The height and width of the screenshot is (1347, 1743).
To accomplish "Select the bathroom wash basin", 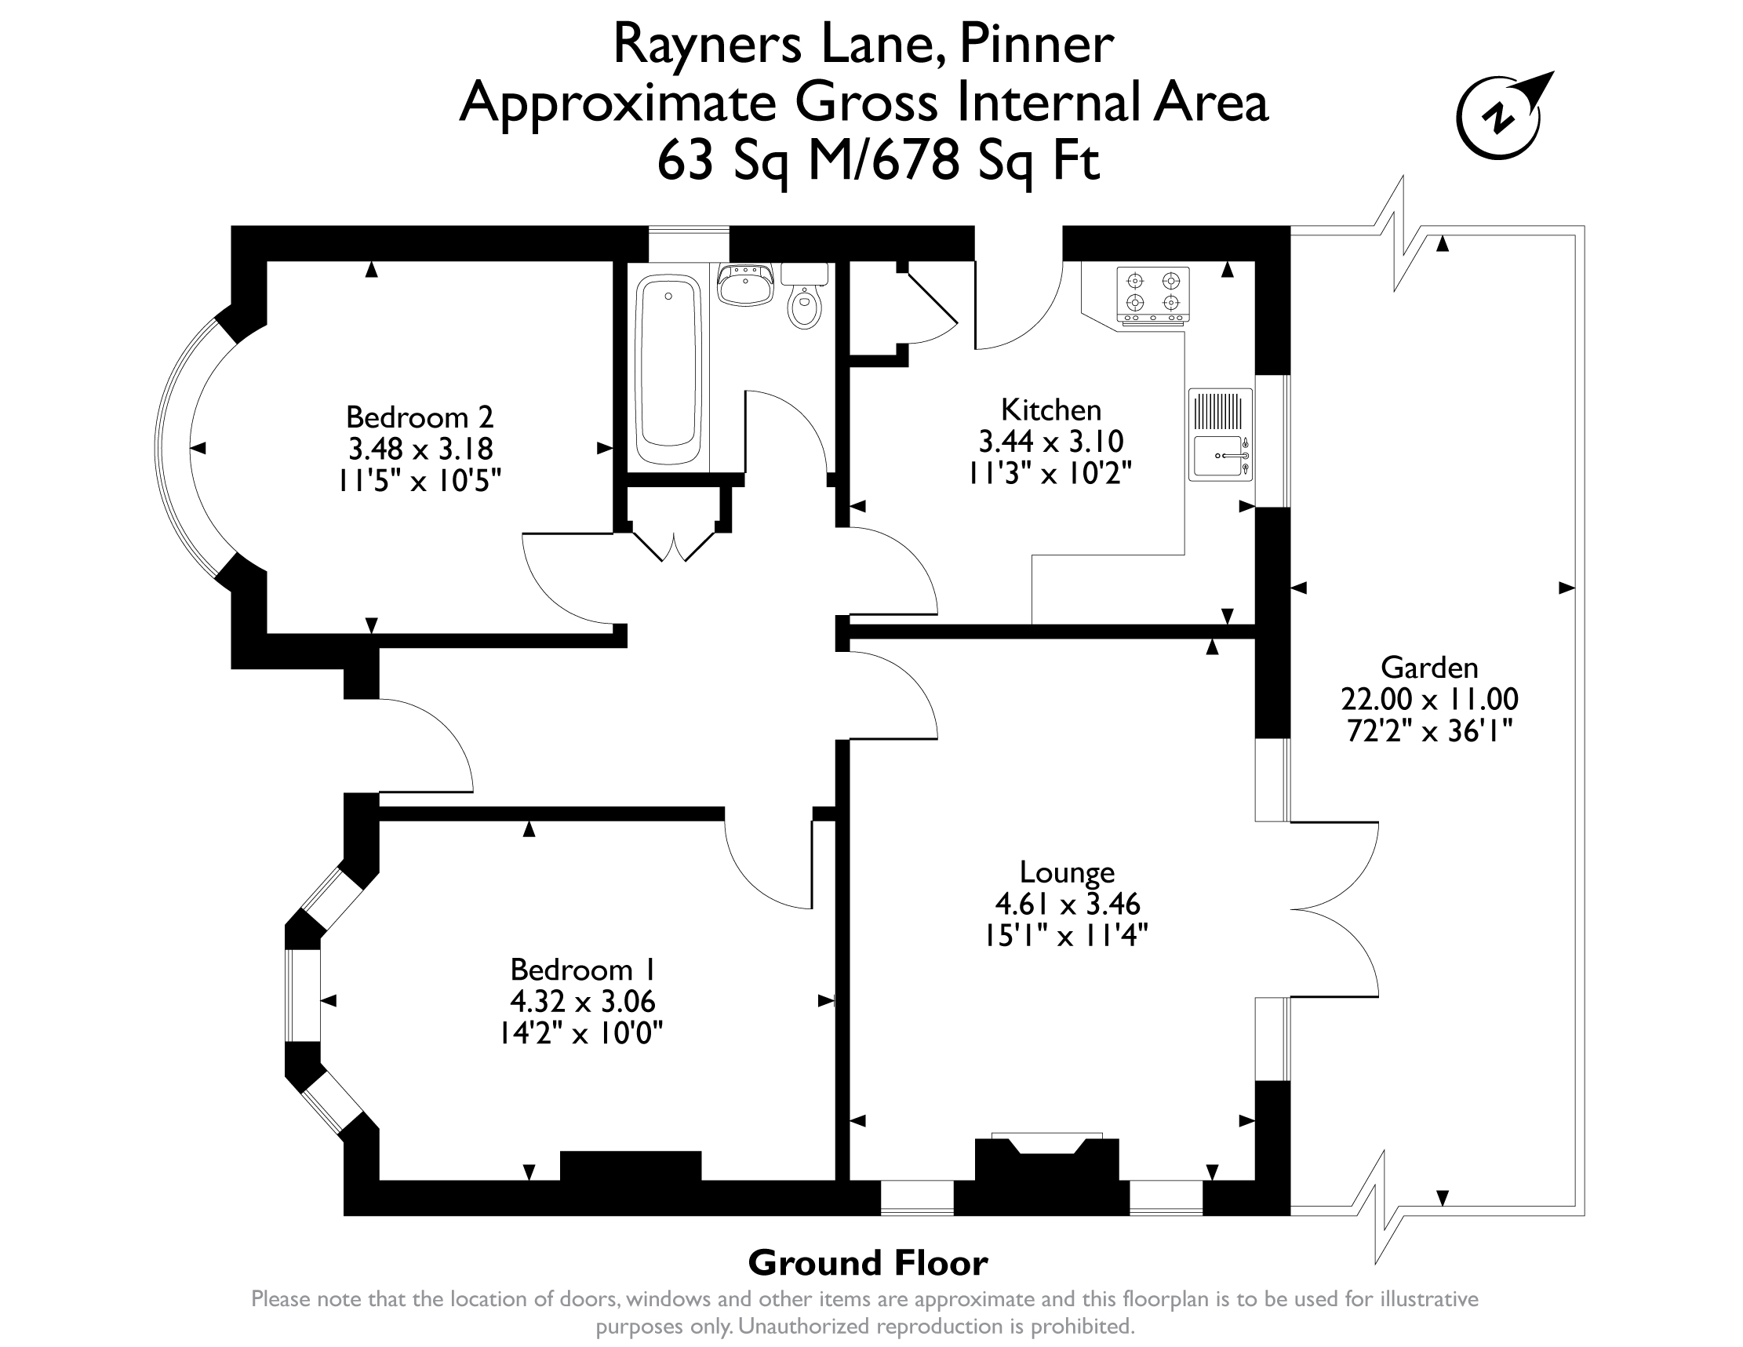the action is click(x=745, y=285).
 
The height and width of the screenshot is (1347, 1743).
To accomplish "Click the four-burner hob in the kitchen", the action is click(x=1152, y=294).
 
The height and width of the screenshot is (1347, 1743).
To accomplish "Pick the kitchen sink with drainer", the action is click(x=1221, y=435).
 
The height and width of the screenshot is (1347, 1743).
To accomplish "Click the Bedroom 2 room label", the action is click(x=420, y=417).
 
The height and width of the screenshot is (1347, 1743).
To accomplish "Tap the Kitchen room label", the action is click(x=1051, y=410).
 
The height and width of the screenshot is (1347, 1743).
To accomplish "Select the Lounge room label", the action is click(x=1067, y=872).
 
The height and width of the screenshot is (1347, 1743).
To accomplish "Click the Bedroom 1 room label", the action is click(x=584, y=970).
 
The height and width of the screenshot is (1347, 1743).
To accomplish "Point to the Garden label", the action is click(x=1429, y=667).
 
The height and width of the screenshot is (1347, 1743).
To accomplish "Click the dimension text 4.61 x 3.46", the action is click(x=1067, y=903).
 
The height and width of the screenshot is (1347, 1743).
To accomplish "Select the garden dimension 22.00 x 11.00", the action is click(x=1429, y=699).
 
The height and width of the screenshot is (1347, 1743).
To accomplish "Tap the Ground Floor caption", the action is click(x=868, y=1263).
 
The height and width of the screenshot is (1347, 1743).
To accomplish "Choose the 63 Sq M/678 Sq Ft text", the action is click(x=879, y=159).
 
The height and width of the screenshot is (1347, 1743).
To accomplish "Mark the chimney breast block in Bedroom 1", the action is click(x=631, y=1165).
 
